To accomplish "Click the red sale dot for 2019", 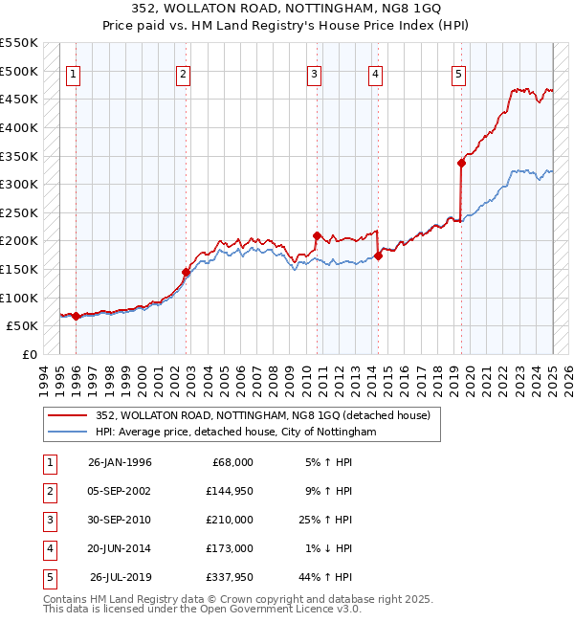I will coord(461,163).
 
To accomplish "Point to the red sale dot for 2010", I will coord(317,234).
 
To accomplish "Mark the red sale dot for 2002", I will coord(186,272).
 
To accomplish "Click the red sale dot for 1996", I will coord(76,316).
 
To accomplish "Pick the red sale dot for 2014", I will coord(378,255).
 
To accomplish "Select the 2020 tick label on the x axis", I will coord(471,379).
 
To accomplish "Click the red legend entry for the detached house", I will coord(263,416).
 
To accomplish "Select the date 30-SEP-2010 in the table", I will coord(120,520).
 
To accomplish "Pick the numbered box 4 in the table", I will coord(47,548).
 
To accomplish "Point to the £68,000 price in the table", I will coord(232,462).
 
